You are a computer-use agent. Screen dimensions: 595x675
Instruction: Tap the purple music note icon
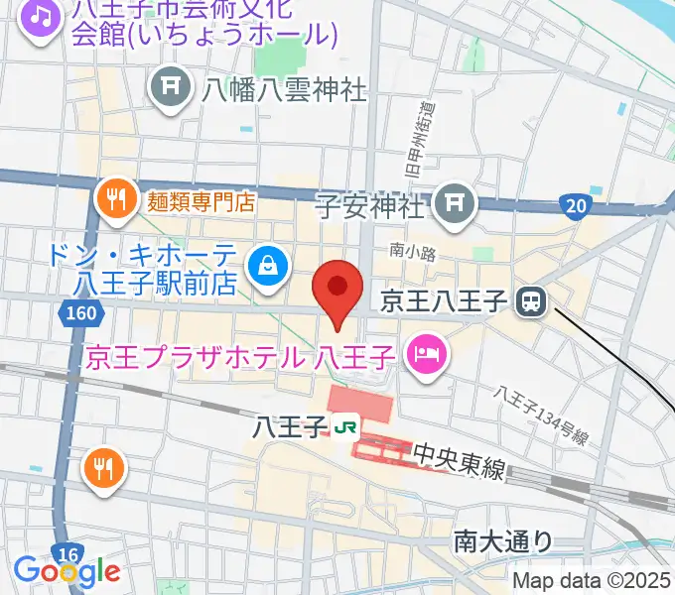click(40, 17)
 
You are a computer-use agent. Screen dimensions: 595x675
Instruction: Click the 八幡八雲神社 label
click(285, 90)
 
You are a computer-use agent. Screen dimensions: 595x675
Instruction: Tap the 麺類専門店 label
click(202, 201)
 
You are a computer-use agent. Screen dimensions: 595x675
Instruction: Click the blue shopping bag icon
click(268, 264)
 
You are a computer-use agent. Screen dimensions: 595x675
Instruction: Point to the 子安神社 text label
click(370, 207)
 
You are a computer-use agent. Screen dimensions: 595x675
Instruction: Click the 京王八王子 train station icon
click(534, 299)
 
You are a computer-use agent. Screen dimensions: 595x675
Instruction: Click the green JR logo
click(346, 428)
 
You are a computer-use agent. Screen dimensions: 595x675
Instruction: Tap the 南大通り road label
click(503, 540)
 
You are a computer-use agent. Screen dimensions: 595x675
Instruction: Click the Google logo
click(67, 571)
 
